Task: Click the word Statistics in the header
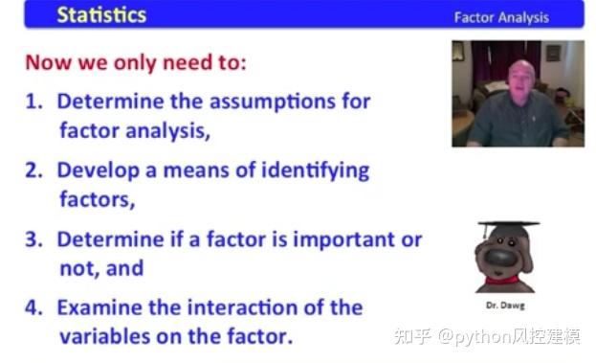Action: coord(101,15)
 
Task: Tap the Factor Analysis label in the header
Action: coord(501,17)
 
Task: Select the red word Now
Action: coord(48,62)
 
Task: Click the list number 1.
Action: coord(33,102)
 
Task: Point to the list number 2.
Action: coord(33,170)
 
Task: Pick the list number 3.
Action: coord(33,239)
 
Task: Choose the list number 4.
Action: coord(33,307)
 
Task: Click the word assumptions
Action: coord(273,102)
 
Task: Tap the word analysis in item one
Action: coord(167,131)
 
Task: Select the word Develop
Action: coord(99,170)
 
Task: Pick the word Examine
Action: coord(99,307)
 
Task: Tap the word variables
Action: coord(105,337)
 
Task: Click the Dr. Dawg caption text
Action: coord(505,306)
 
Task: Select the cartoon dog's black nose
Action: coord(500,258)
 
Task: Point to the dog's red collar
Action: coord(502,281)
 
